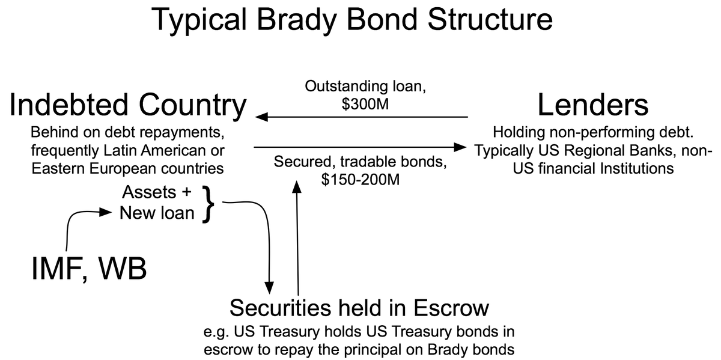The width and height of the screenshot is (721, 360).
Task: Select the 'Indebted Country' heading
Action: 128,106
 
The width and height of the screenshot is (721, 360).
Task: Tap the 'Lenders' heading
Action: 592,106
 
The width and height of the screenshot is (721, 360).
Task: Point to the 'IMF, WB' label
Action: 89,268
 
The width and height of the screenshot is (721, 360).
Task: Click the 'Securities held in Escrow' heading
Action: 359,308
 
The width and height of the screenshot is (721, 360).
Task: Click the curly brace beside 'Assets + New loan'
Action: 207,203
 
